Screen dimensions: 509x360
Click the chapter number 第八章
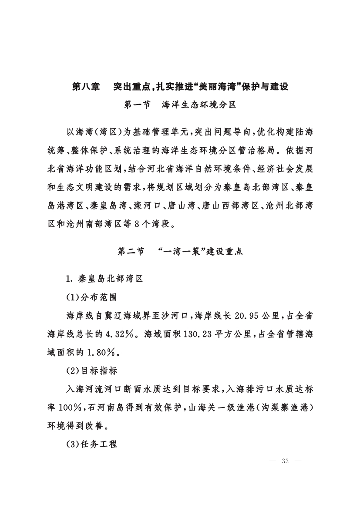click(85, 87)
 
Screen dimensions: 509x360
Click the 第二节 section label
click(131, 251)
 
